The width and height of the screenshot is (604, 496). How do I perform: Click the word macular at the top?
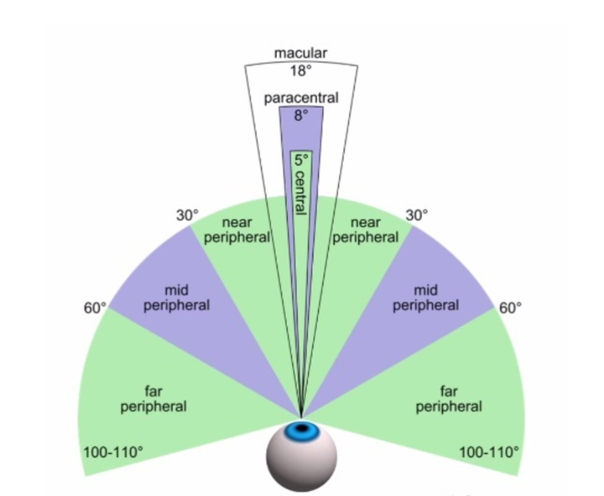(300, 54)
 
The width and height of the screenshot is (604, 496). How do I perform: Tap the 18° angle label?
(300, 70)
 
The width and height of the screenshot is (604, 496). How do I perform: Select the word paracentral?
(301, 98)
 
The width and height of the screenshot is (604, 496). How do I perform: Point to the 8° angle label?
(301, 116)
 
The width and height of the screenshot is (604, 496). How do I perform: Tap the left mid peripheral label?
(176, 298)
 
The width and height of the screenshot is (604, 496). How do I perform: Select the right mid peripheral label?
(426, 298)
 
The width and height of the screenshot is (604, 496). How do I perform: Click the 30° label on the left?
(187, 215)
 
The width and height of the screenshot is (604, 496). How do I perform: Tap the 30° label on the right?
(417, 215)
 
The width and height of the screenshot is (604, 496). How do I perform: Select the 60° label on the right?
(510, 308)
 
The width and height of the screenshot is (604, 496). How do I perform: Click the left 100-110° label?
(113, 452)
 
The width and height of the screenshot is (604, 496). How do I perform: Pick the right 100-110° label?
(490, 452)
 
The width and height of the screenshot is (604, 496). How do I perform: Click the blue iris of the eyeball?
(301, 431)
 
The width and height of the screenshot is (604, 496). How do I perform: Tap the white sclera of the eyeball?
(301, 466)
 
